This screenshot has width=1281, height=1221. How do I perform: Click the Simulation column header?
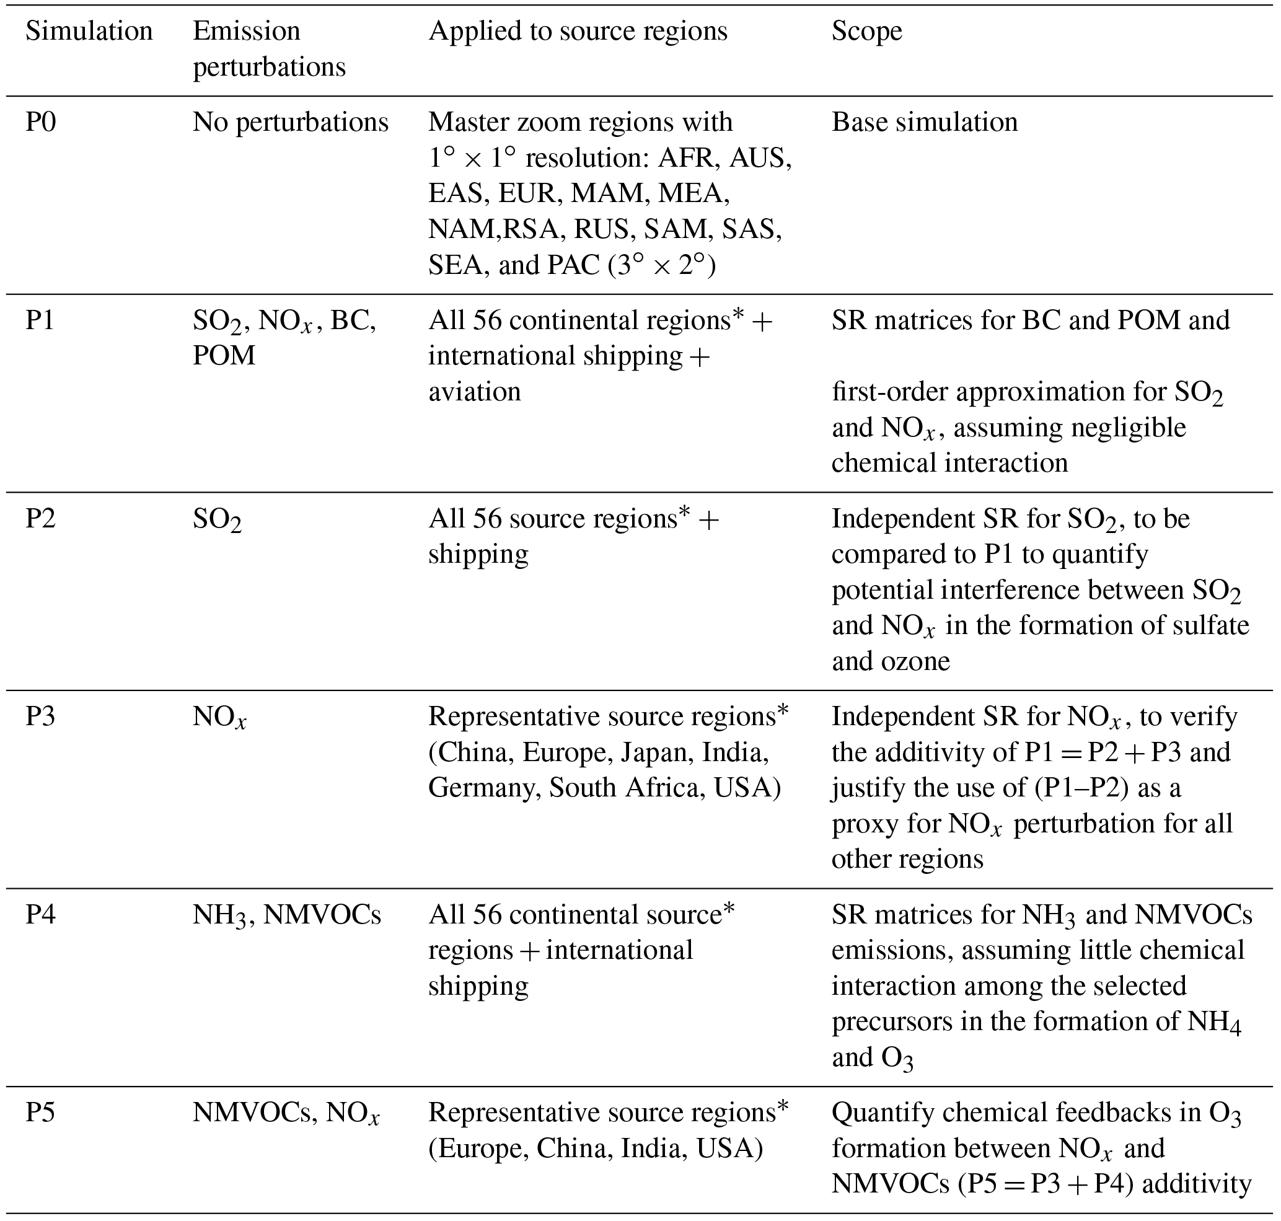point(89,31)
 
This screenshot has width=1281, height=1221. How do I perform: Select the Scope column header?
point(866,31)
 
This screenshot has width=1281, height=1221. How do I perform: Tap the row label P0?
point(41,122)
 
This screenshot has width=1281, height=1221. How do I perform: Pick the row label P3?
point(41,716)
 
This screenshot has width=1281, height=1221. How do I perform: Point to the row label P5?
point(41,1113)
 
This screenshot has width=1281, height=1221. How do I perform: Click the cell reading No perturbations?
point(290,122)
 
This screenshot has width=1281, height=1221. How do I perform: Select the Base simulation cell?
point(924,122)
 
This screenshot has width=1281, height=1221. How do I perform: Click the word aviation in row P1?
point(475,392)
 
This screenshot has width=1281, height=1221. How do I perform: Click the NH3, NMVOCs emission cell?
point(286,915)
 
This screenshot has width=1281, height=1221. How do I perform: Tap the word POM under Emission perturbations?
point(224,356)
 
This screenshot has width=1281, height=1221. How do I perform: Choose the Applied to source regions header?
point(578,31)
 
